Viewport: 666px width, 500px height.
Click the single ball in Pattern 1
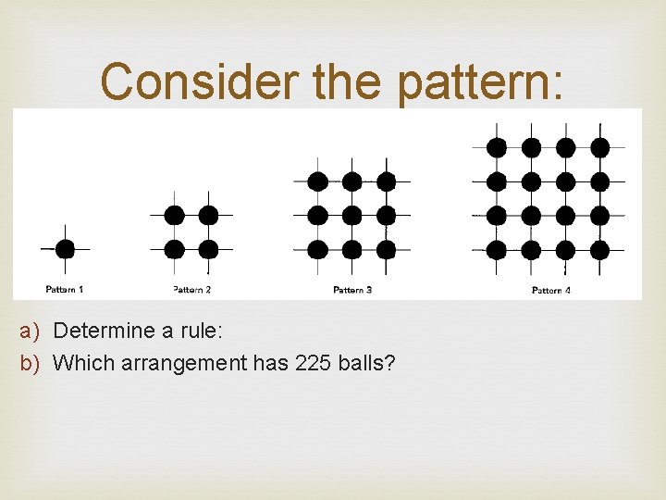(x=65, y=249)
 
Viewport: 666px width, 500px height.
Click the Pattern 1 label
(x=65, y=290)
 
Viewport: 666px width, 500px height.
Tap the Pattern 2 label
(x=191, y=290)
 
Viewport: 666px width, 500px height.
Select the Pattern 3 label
(x=352, y=290)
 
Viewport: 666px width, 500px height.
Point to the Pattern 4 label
(x=551, y=291)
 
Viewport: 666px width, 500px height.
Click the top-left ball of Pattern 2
(x=174, y=216)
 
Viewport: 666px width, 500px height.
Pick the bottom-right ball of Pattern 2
(x=208, y=249)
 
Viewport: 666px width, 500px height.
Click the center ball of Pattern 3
(x=351, y=216)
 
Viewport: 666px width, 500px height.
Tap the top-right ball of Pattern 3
(x=386, y=181)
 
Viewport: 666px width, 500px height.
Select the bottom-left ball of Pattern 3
(x=317, y=249)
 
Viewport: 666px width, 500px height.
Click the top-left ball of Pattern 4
(x=497, y=147)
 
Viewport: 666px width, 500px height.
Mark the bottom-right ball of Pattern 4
(x=599, y=249)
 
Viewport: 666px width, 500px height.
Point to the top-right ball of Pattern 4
(x=599, y=147)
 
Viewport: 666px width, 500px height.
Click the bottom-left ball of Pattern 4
(x=497, y=249)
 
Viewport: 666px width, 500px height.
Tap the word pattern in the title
(x=477, y=83)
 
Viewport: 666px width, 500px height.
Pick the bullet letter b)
(x=32, y=363)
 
